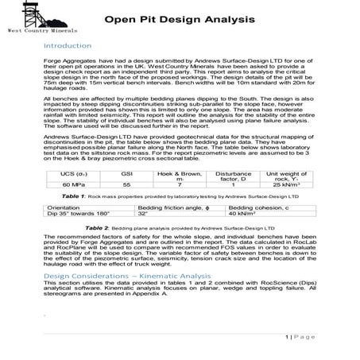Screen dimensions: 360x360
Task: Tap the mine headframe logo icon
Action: [x=32, y=14]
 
